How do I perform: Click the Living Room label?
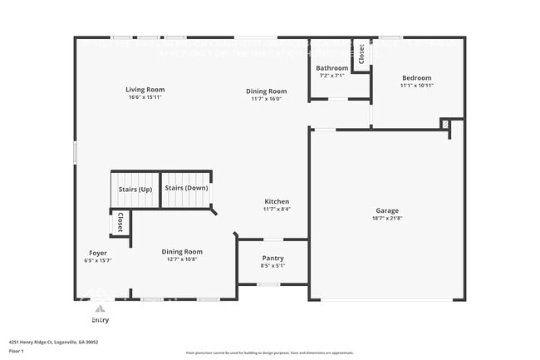click(x=145, y=90)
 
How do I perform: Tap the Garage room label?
click(x=386, y=210)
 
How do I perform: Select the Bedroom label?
click(x=415, y=78)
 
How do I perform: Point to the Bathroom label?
click(x=332, y=68)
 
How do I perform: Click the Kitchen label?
click(x=277, y=201)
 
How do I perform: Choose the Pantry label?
click(x=272, y=258)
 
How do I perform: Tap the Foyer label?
click(x=98, y=252)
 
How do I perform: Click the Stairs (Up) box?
click(x=134, y=189)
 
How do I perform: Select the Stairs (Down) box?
click(x=186, y=189)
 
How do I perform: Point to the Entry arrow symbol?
click(x=100, y=309)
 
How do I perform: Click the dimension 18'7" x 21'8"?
click(x=386, y=219)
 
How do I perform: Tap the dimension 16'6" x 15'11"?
click(x=145, y=97)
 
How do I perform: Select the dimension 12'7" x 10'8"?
click(x=181, y=259)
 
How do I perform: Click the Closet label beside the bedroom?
click(x=361, y=54)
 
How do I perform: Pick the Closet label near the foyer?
click(x=120, y=222)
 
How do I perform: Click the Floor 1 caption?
click(x=17, y=351)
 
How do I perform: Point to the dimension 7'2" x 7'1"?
click(x=332, y=76)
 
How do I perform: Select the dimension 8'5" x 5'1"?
click(x=272, y=265)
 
